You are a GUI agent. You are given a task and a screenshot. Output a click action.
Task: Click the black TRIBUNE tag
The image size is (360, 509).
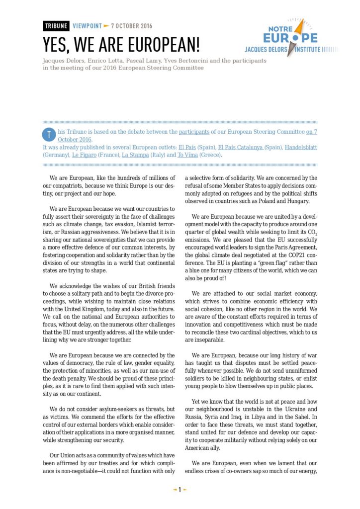click(56, 26)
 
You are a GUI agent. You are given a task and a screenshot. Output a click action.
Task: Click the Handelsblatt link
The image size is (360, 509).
click(301, 148)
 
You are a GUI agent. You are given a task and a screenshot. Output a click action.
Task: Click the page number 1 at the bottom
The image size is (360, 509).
click(180, 490)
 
